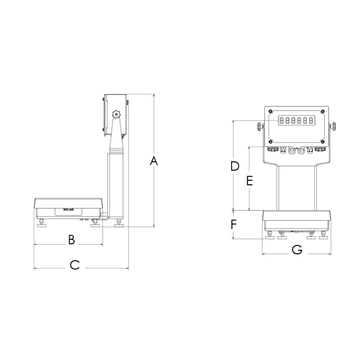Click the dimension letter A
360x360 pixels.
(x=154, y=161)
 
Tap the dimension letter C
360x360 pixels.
(x=75, y=265)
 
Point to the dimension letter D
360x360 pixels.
(x=235, y=166)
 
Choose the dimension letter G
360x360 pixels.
(x=297, y=250)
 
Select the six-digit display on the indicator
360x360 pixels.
(x=296, y=121)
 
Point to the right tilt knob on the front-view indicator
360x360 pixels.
(x=333, y=126)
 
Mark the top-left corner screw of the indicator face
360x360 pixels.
(x=270, y=112)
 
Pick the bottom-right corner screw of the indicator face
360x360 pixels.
(x=323, y=141)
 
